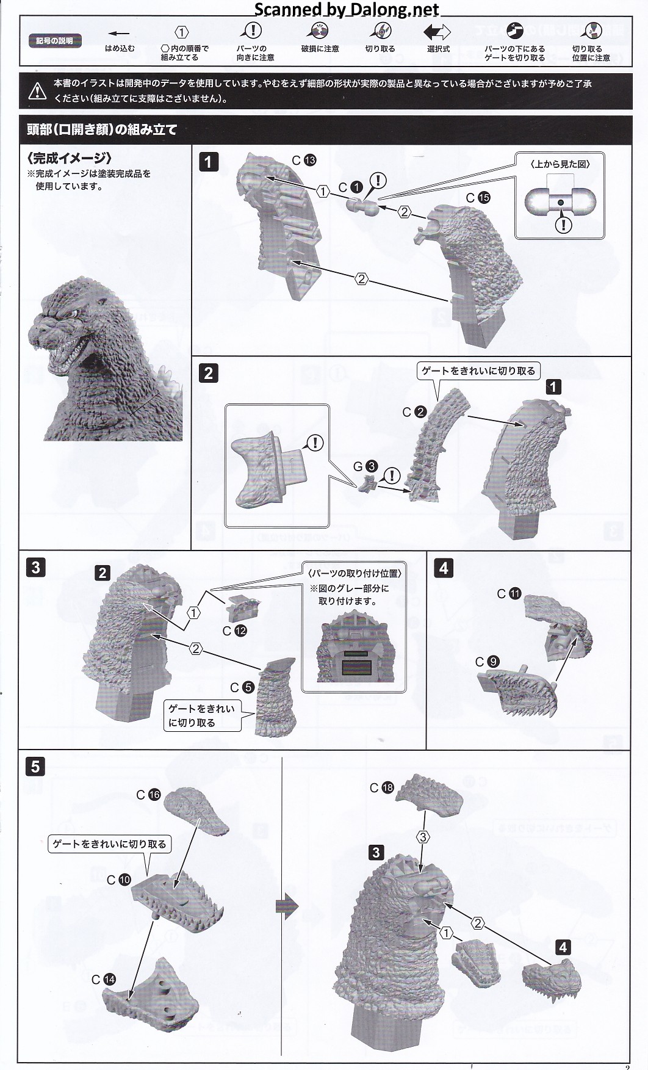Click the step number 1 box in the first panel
209,162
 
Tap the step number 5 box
35,766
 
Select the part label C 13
303,161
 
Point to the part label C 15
478,198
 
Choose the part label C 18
382,788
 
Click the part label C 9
487,662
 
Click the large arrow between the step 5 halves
287,907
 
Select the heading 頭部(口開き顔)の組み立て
102,129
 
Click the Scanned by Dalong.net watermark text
347,9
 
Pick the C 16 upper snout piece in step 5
196,811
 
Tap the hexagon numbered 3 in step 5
423,836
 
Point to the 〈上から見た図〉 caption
560,164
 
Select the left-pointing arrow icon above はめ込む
119,34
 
